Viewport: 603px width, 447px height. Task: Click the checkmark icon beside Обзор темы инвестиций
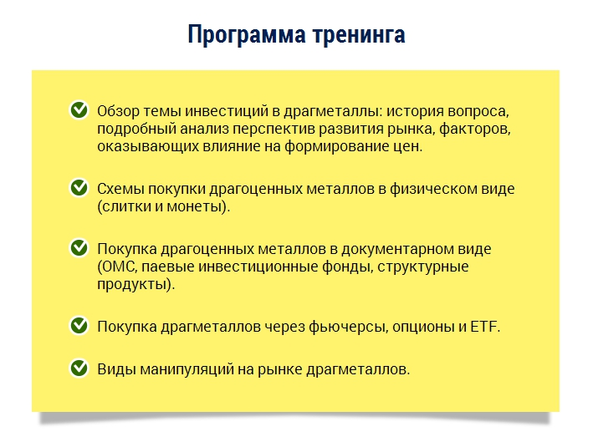pos(79,109)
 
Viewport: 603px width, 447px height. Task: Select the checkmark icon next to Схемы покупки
pos(79,188)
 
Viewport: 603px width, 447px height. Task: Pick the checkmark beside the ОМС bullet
pos(79,248)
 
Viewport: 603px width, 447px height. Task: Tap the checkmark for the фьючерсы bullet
pos(79,324)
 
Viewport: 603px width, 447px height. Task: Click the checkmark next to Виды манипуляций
pos(79,367)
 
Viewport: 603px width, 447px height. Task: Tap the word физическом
pos(443,189)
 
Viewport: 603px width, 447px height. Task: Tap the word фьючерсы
pos(331,326)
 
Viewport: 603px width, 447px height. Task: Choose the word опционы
pos(416,326)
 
